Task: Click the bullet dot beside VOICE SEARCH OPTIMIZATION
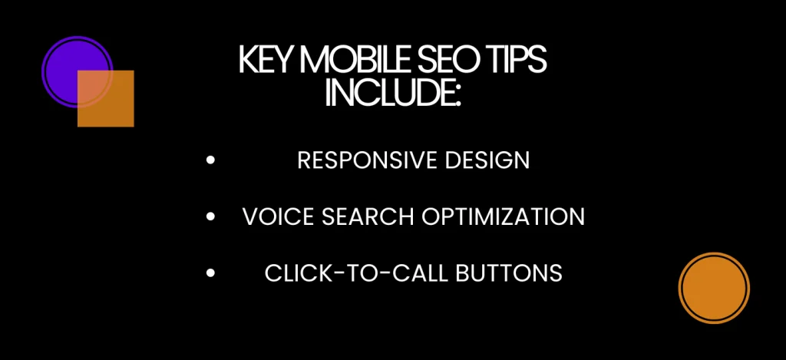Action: click(211, 217)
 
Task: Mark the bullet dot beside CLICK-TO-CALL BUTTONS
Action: click(211, 273)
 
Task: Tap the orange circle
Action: click(714, 288)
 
